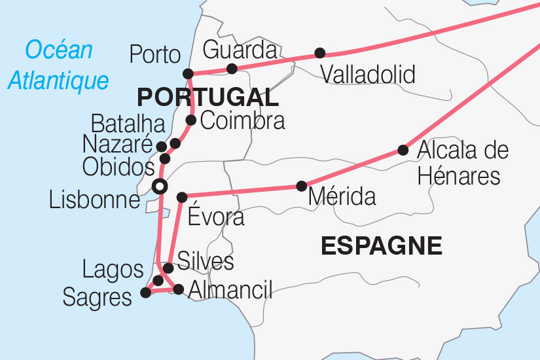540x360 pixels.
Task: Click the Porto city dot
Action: click(x=188, y=73)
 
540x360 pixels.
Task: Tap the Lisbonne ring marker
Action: click(x=159, y=187)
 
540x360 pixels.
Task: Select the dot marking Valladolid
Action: click(x=319, y=53)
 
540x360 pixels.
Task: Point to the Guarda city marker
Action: click(x=231, y=69)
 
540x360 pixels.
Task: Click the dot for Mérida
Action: click(x=301, y=186)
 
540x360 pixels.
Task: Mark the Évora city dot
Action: click(x=182, y=196)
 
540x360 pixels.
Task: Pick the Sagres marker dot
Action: click(x=145, y=293)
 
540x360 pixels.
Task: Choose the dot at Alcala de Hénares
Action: click(x=403, y=150)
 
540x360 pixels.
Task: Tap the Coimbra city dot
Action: click(x=191, y=120)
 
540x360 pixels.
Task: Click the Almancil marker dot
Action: click(x=178, y=289)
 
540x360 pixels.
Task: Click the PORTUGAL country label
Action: click(x=207, y=98)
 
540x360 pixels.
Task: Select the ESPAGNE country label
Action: click(x=382, y=246)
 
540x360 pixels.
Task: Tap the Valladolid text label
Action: click(x=368, y=75)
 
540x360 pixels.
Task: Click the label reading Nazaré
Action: click(x=118, y=145)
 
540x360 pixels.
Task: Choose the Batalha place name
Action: click(x=128, y=123)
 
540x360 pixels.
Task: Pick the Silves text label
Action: click(x=206, y=262)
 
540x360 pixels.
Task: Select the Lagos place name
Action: click(x=113, y=269)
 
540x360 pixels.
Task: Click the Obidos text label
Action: click(x=118, y=167)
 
